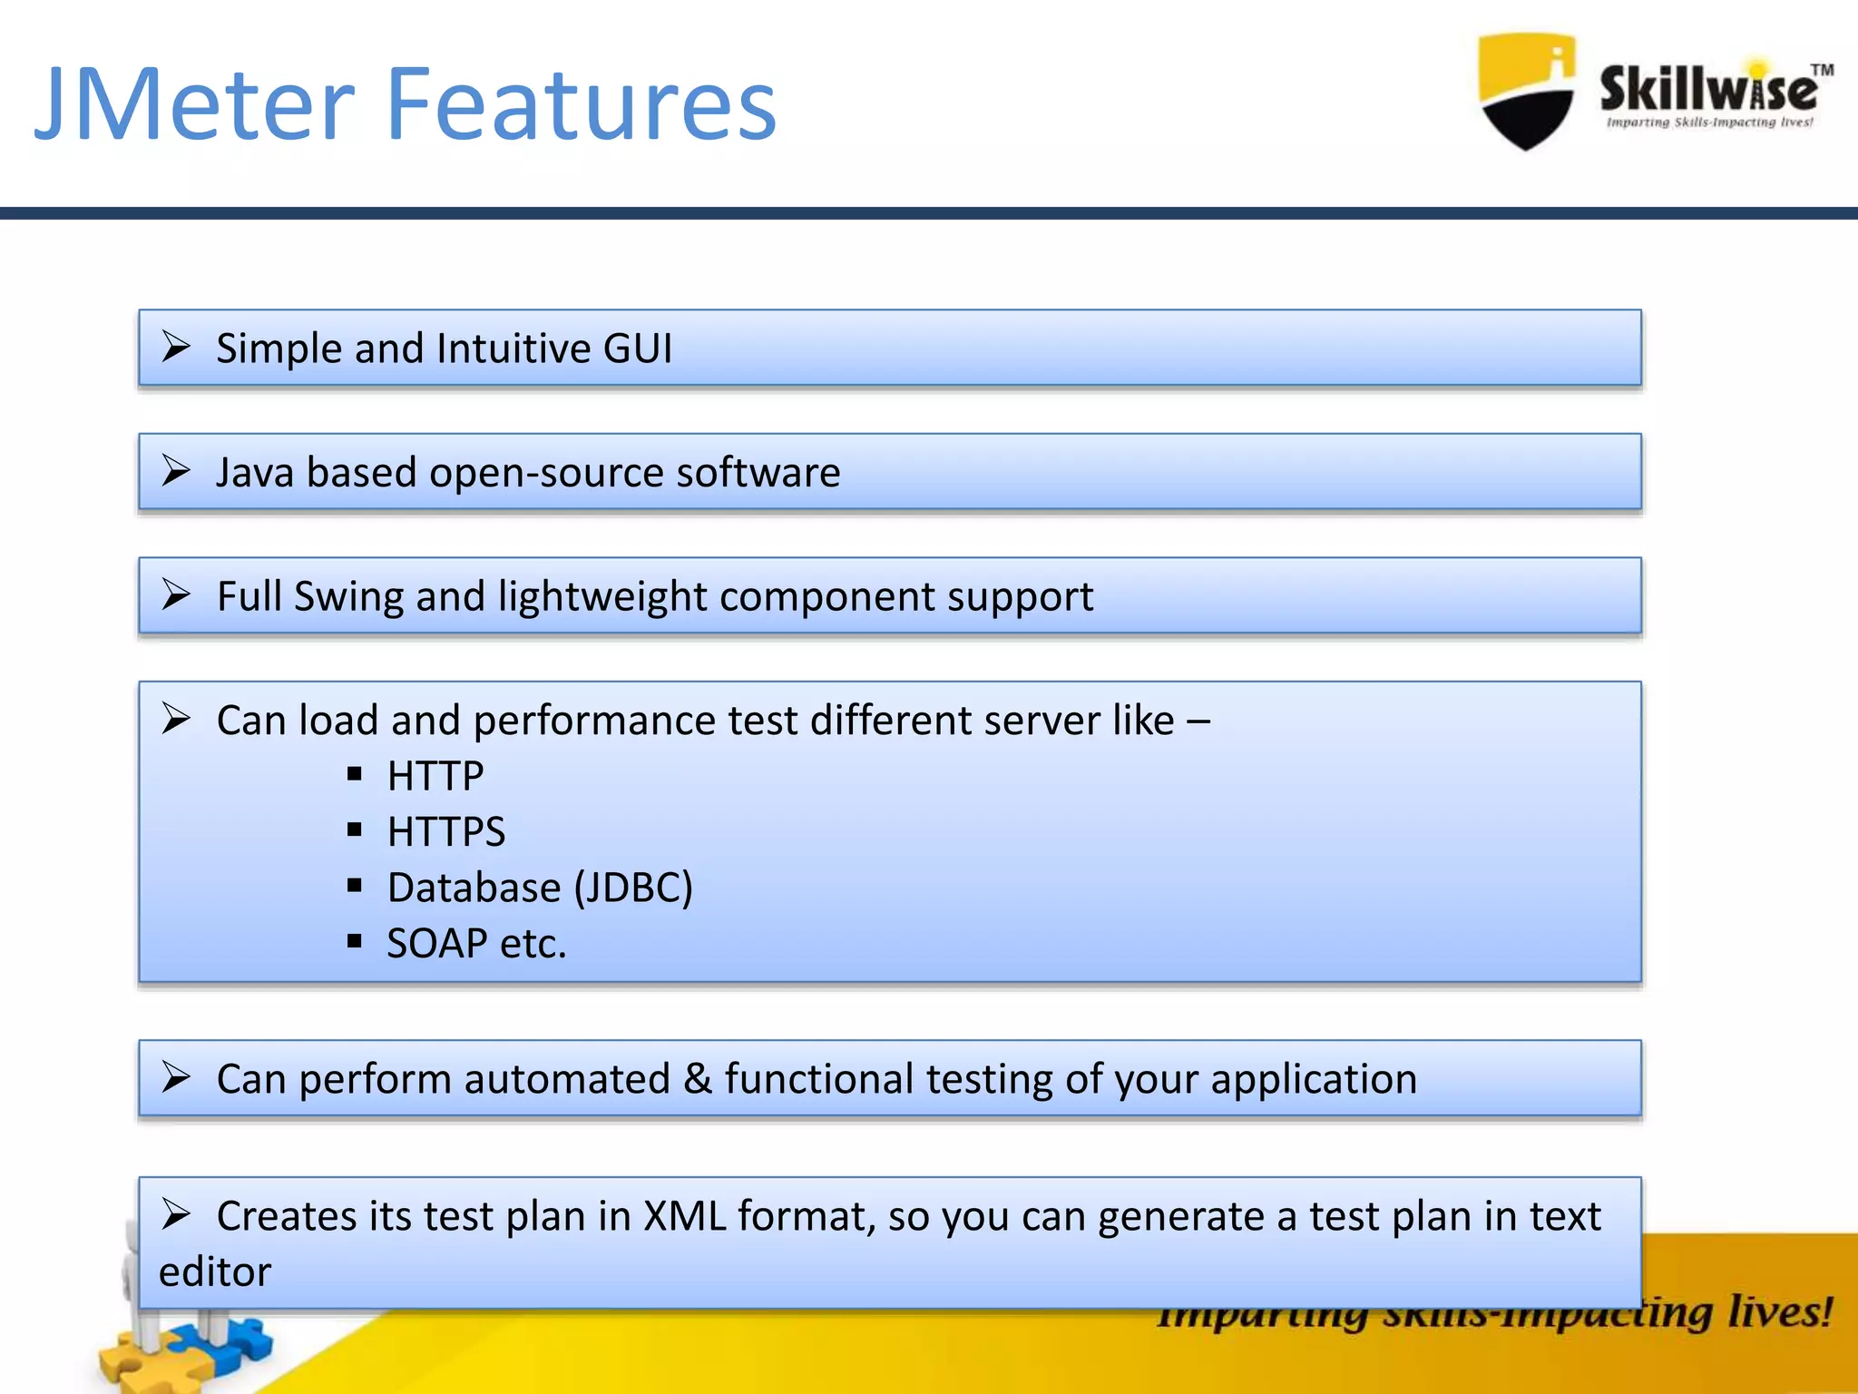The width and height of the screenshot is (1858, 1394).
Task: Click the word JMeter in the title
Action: (194, 104)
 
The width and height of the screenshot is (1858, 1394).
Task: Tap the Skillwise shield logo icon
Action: (1526, 91)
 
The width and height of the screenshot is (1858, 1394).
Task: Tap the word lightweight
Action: (601, 597)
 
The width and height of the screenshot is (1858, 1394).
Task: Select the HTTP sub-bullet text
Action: (435, 777)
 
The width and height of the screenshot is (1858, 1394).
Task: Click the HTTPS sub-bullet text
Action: (445, 832)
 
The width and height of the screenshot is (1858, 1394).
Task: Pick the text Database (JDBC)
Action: (539, 888)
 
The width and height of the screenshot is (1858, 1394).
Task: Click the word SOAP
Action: (437, 944)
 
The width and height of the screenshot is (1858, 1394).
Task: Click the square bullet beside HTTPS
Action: (355, 830)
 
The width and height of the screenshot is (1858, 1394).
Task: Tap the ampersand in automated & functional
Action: (697, 1079)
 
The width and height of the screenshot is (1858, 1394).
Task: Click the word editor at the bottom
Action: (215, 1272)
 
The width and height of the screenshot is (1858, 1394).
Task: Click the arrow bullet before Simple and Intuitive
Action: (176, 347)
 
